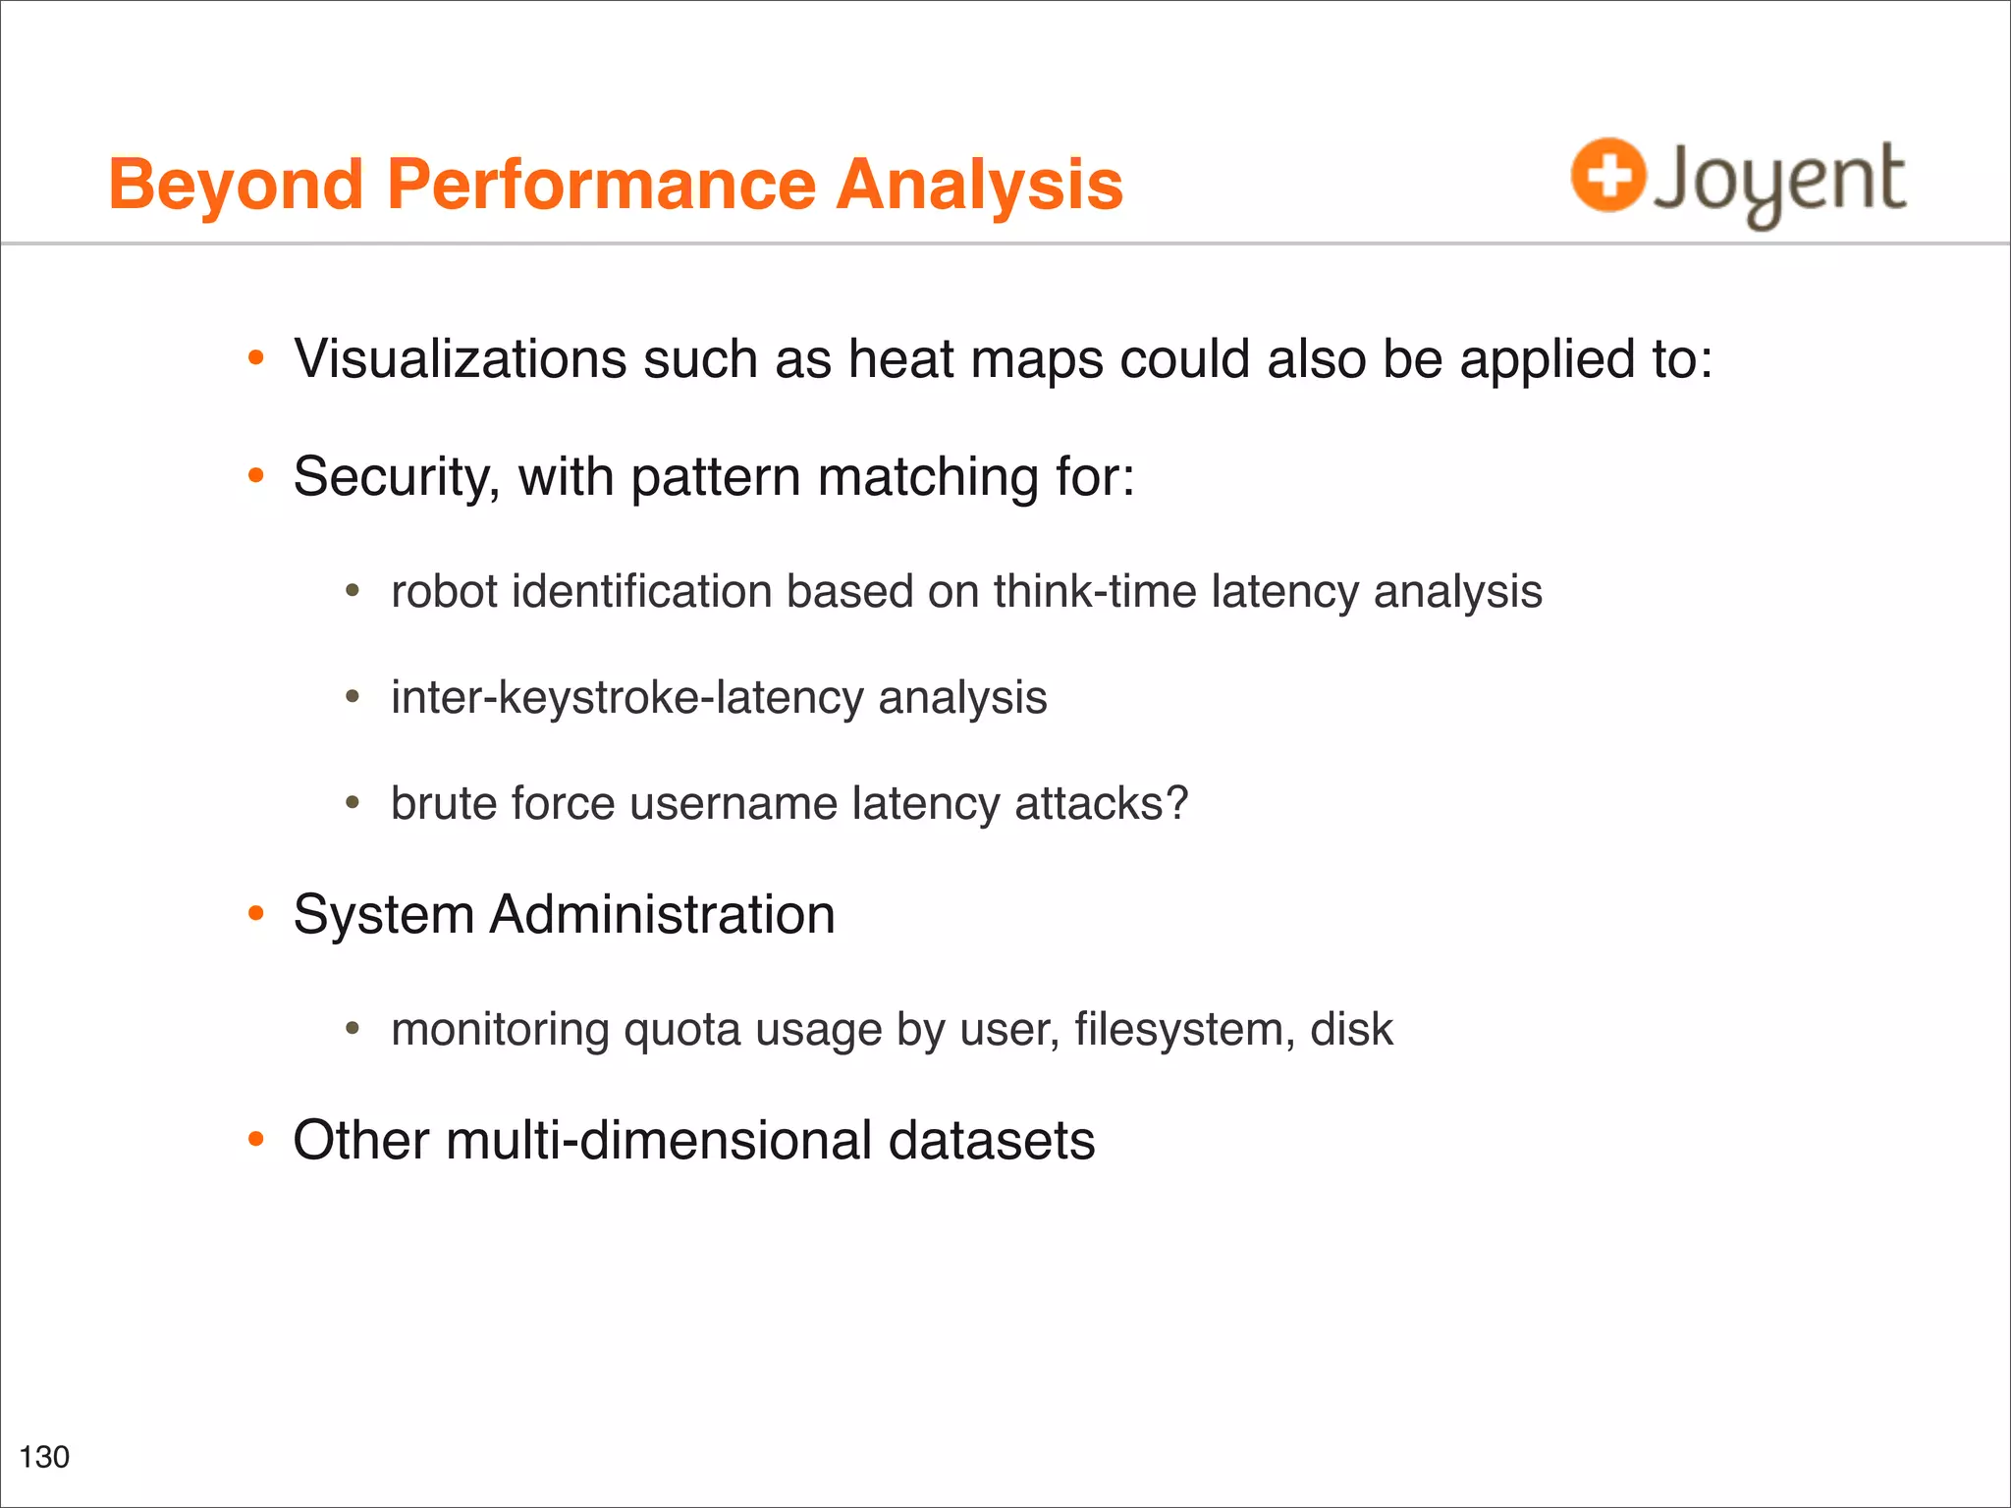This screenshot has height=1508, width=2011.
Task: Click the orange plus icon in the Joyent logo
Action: point(1607,176)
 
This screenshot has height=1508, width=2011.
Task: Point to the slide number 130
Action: point(44,1457)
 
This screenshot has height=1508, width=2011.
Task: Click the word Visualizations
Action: point(460,359)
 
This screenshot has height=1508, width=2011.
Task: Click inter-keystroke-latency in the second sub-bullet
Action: point(626,698)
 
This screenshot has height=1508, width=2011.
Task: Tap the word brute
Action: point(443,804)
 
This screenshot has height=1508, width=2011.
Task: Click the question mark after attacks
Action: point(1176,803)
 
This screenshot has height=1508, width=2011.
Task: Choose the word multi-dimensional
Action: point(659,1141)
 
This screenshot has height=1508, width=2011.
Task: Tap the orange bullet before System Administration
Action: point(256,914)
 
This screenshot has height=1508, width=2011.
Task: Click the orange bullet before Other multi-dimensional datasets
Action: point(256,1140)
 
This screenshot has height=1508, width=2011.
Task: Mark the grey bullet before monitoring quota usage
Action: point(353,1030)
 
